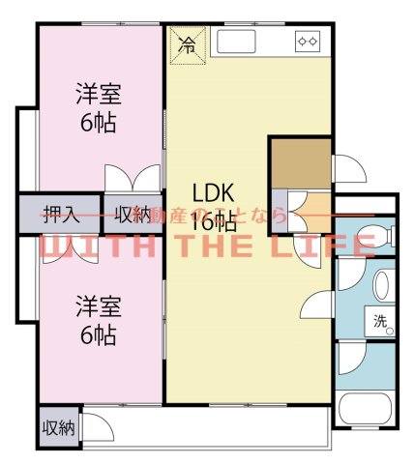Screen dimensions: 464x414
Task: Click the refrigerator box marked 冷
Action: tap(187, 44)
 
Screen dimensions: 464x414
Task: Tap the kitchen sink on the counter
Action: tap(235, 43)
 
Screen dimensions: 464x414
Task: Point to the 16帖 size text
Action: tap(214, 221)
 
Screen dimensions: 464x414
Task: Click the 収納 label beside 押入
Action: tap(133, 214)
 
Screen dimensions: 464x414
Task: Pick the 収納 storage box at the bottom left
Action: tap(57, 428)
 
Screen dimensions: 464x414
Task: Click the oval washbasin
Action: tap(381, 286)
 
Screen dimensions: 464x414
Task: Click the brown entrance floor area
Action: tap(300, 164)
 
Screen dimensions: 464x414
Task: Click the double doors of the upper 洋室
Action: tap(133, 182)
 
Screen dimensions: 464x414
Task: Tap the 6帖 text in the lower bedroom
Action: tap(98, 336)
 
